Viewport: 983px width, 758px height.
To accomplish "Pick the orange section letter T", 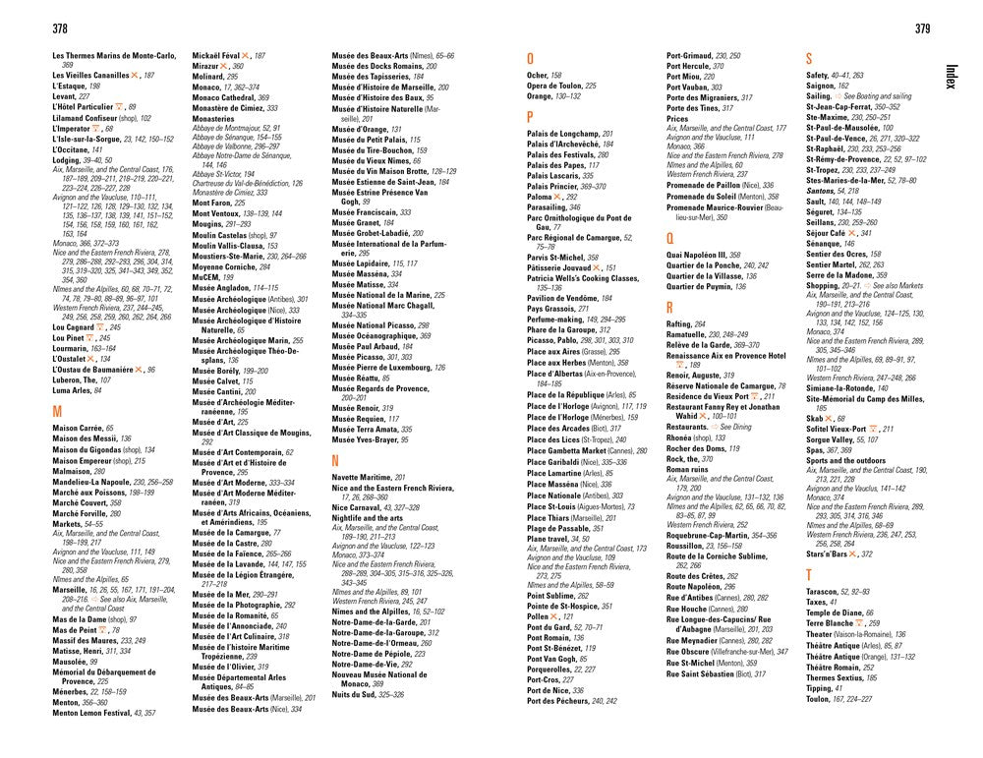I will click(809, 573).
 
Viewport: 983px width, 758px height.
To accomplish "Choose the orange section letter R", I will click(670, 307).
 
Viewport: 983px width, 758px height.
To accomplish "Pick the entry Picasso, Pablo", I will click(556, 340).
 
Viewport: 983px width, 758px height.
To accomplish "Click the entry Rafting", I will click(679, 323).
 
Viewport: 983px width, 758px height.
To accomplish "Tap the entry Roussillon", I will click(691, 545).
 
